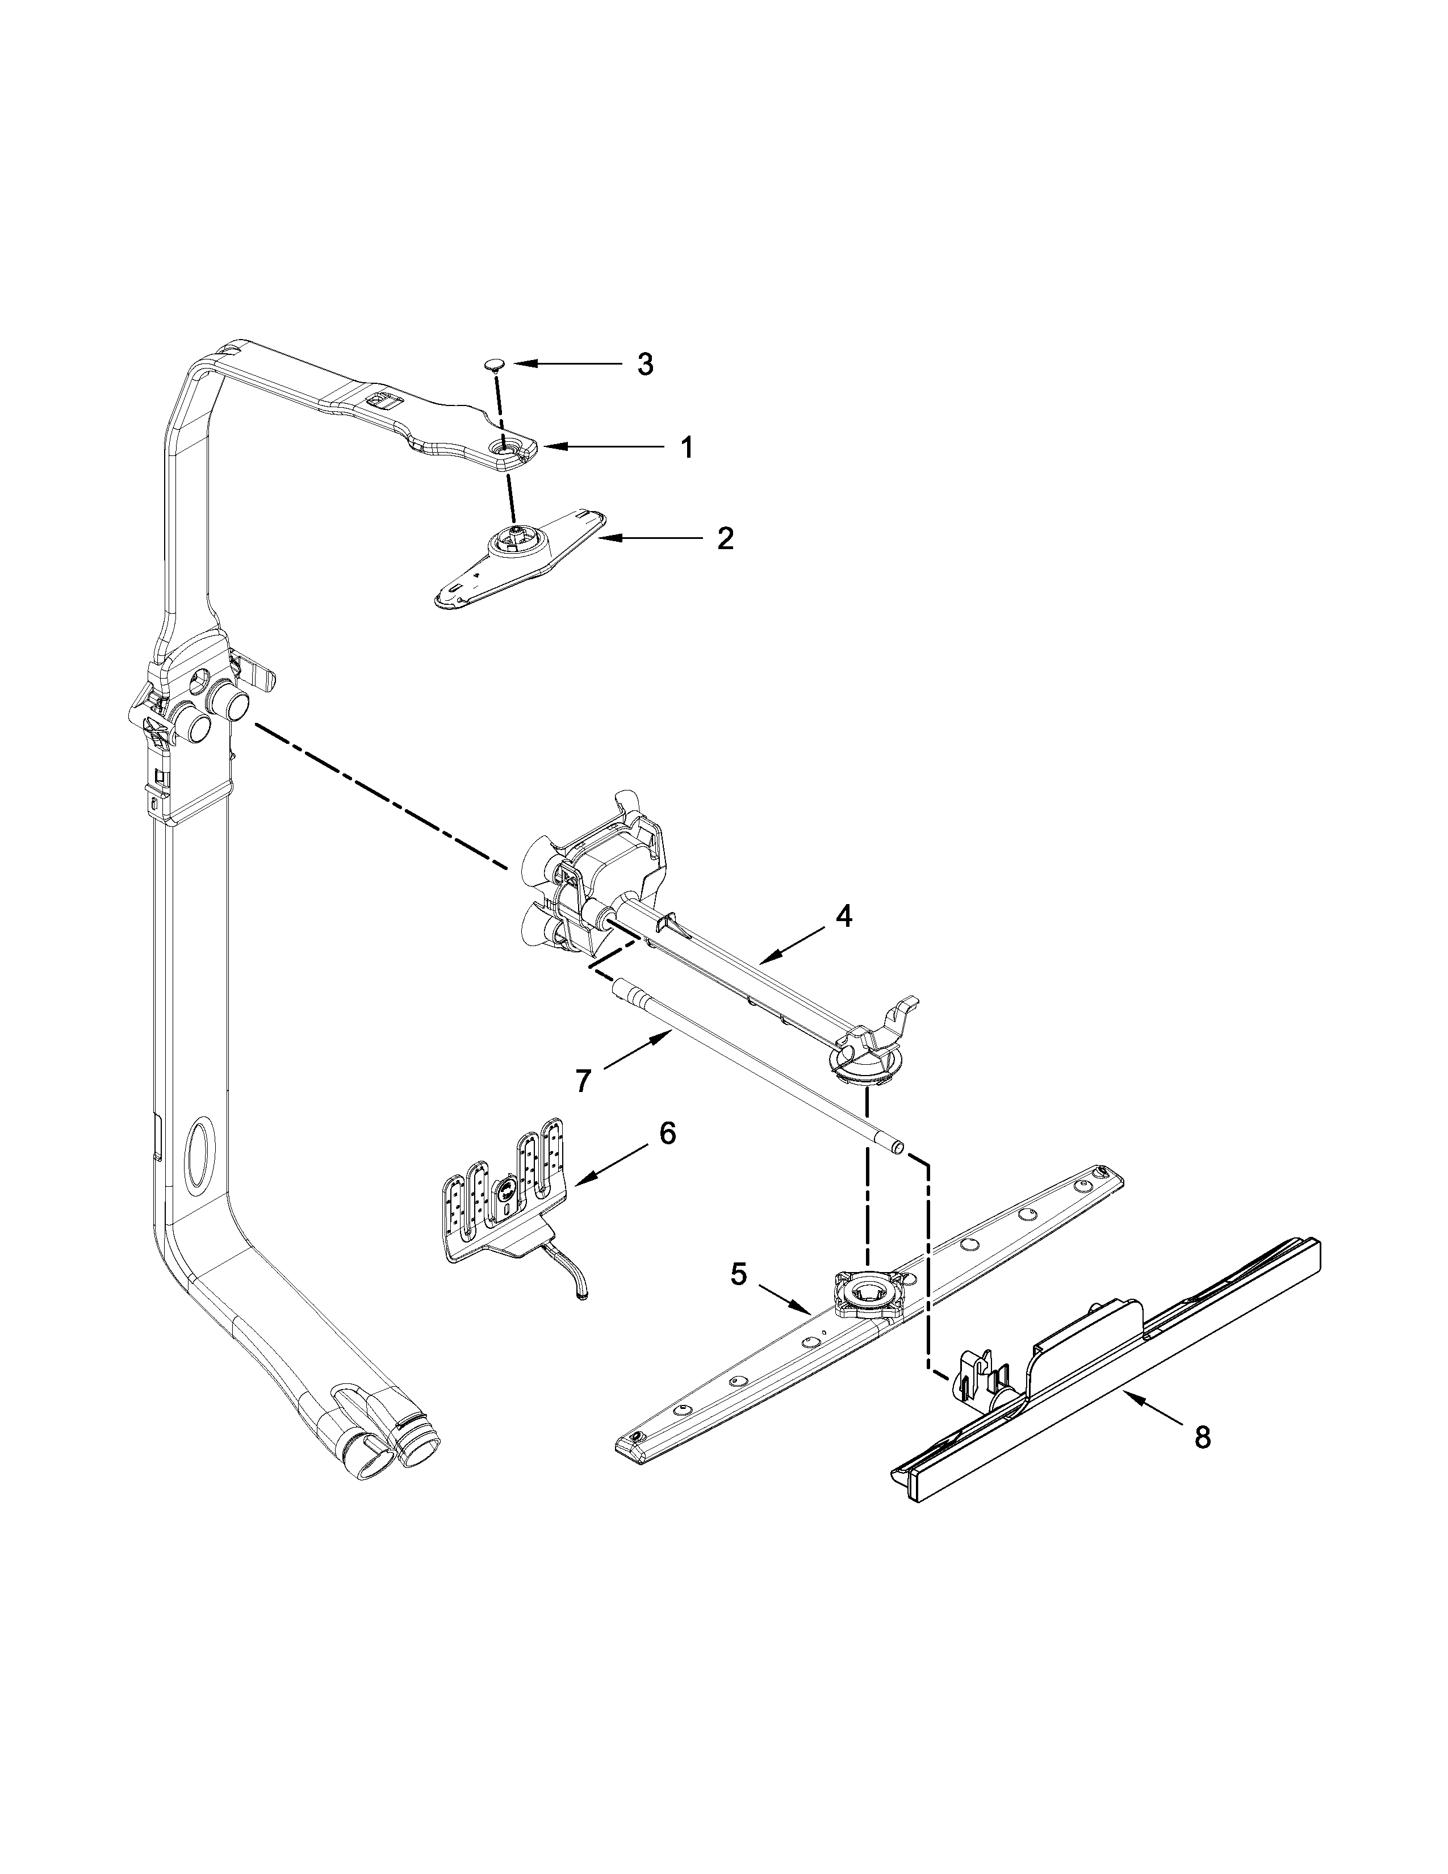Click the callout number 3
645,365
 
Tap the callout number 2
725,539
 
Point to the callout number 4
844,917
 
